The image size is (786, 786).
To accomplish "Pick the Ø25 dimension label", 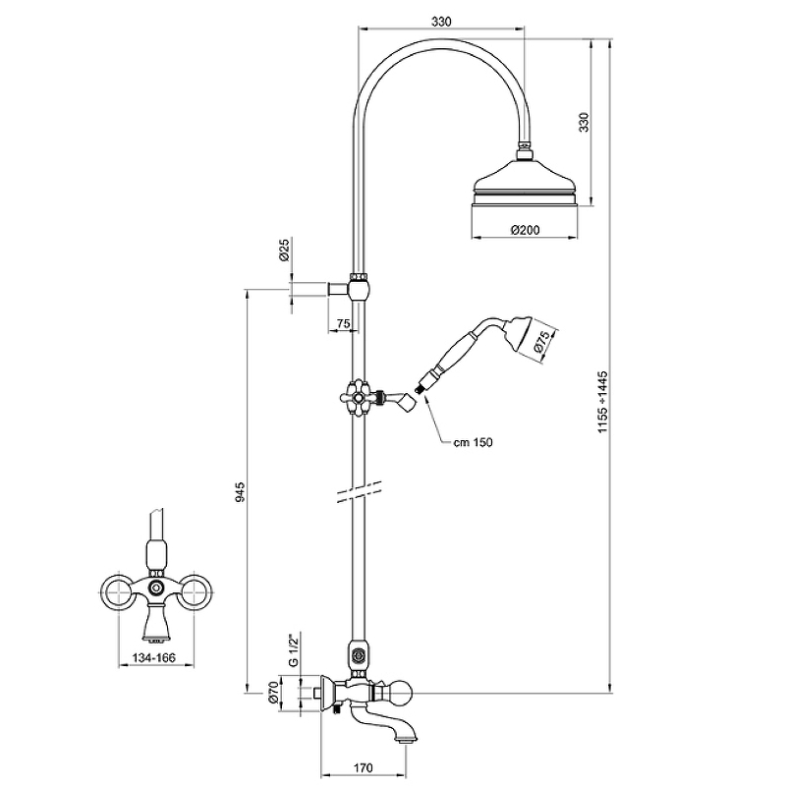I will pyautogui.click(x=283, y=253).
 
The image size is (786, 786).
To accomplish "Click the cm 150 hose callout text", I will pyautogui.click(x=472, y=443).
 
